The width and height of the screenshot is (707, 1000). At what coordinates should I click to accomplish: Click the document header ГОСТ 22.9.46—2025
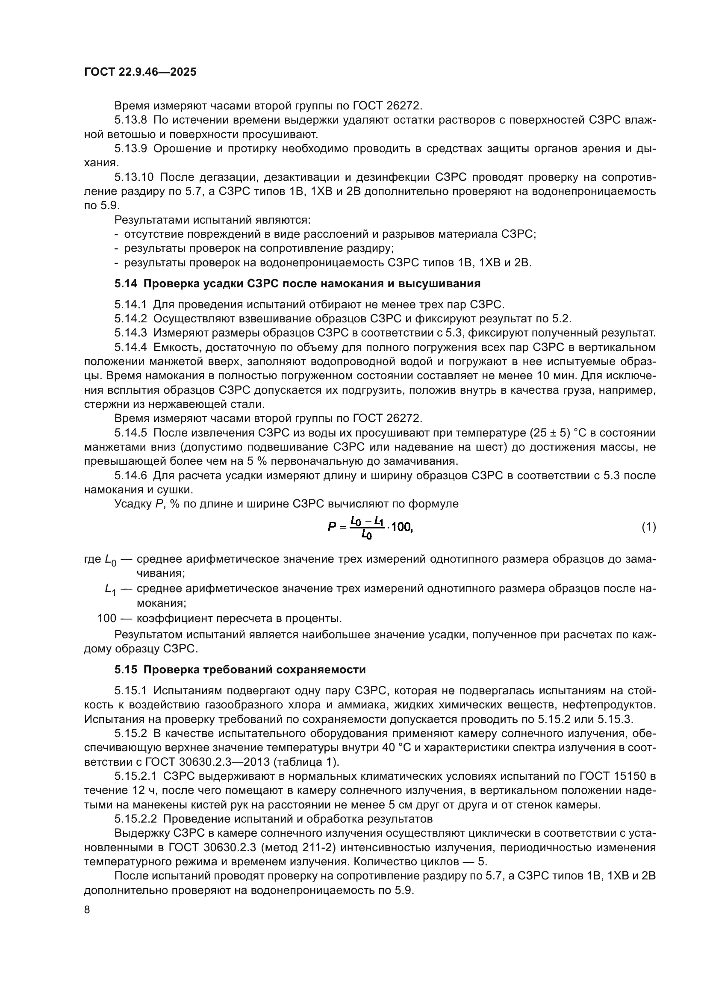coord(140,72)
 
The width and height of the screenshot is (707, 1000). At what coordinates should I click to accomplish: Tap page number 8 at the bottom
coord(87,909)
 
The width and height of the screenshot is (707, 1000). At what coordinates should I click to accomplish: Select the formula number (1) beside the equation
coord(648,527)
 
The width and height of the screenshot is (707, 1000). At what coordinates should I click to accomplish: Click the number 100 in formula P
coord(401,527)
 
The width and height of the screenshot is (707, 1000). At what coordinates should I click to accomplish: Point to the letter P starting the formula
coord(332,528)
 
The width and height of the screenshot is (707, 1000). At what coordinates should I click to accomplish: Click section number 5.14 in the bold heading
coord(126,283)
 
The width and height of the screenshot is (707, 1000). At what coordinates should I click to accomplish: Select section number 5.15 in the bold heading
coord(126,670)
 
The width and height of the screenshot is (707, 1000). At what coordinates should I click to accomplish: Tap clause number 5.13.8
coord(131,120)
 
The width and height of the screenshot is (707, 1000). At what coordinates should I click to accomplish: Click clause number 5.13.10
coord(134,177)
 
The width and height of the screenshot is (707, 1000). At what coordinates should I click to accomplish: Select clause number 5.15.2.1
coord(136,776)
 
